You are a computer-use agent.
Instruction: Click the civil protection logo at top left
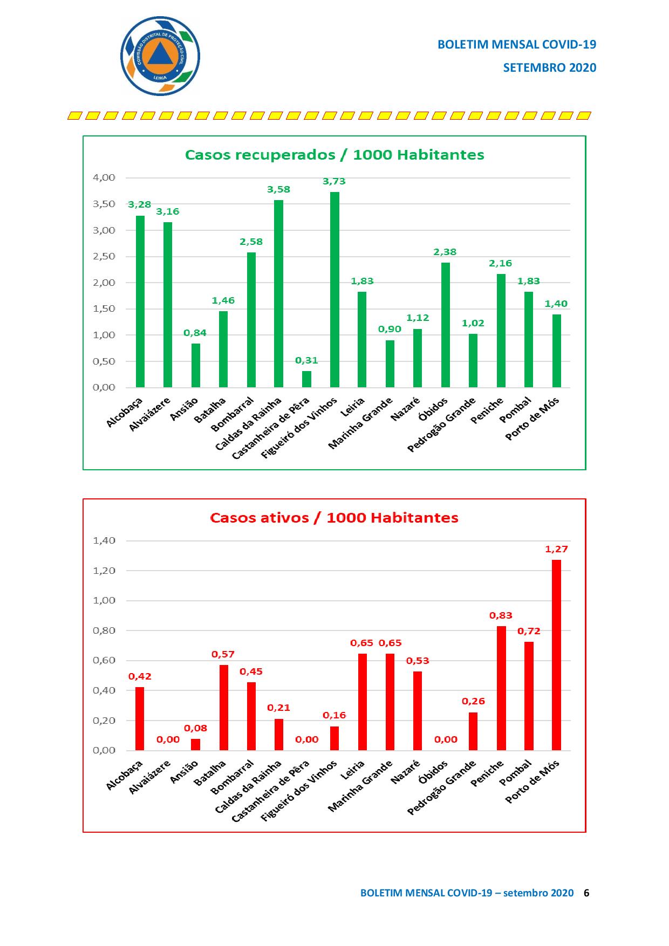(160, 56)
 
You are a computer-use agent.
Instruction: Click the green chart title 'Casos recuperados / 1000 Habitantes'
(334, 155)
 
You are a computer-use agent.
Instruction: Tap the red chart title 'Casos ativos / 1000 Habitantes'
(334, 518)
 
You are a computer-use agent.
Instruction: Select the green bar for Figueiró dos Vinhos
(334, 290)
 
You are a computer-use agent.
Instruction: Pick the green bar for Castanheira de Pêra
(306, 379)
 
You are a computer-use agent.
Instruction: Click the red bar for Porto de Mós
(556, 655)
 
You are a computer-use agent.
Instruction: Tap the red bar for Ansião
(195, 744)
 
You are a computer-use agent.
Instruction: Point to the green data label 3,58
(278, 189)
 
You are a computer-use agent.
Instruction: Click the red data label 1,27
(556, 549)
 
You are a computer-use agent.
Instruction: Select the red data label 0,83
(501, 615)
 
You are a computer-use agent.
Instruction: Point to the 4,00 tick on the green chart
(104, 177)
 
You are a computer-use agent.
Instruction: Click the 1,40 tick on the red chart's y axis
(104, 540)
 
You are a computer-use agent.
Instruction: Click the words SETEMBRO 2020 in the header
(549, 67)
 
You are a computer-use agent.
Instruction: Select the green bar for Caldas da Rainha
(278, 293)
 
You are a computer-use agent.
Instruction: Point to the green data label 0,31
(306, 360)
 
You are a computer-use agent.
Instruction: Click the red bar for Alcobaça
(140, 718)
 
